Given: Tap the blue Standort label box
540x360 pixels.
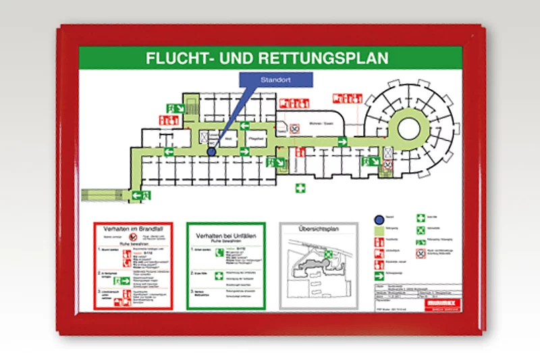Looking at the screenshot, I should tap(276, 79).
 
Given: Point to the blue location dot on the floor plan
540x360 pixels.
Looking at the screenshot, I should tap(211, 152).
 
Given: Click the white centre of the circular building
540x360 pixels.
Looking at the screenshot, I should tap(409, 126).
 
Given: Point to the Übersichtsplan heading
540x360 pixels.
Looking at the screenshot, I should tap(318, 230).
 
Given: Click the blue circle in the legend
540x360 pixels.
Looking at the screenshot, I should tap(379, 219).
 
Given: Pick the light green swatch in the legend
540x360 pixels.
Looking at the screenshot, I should tap(379, 230).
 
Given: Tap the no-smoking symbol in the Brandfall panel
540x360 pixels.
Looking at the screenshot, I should tap(134, 238).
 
